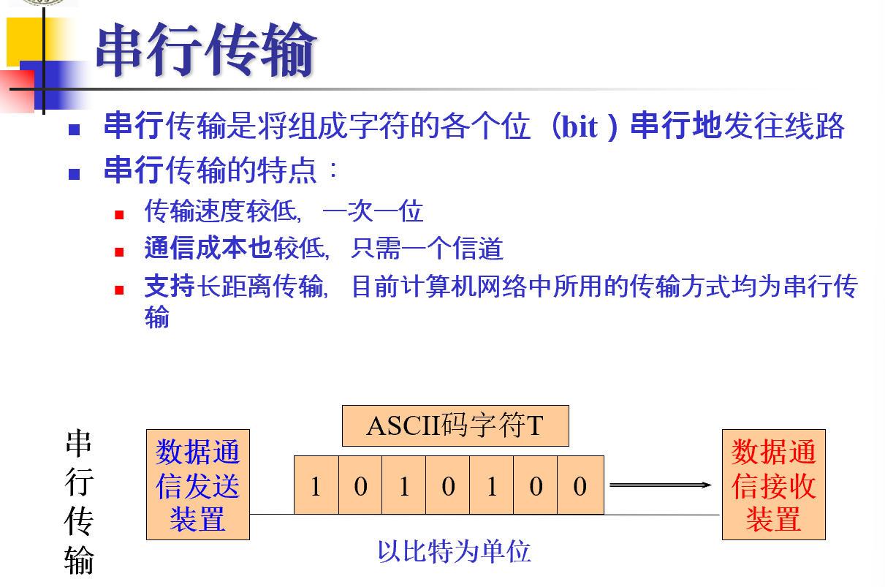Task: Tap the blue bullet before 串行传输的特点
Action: [74, 174]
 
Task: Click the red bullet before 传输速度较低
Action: [119, 215]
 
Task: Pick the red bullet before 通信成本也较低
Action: [119, 252]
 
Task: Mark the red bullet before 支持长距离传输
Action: [119, 289]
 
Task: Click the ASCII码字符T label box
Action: [455, 425]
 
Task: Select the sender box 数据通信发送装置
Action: [198, 485]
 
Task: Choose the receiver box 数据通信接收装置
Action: [773, 485]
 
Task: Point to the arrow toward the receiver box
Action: [660, 485]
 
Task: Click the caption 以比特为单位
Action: [454, 550]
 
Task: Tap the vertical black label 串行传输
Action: [79, 501]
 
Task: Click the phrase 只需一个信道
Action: [427, 250]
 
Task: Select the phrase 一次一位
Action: [373, 212]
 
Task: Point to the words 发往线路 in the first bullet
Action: [784, 126]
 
